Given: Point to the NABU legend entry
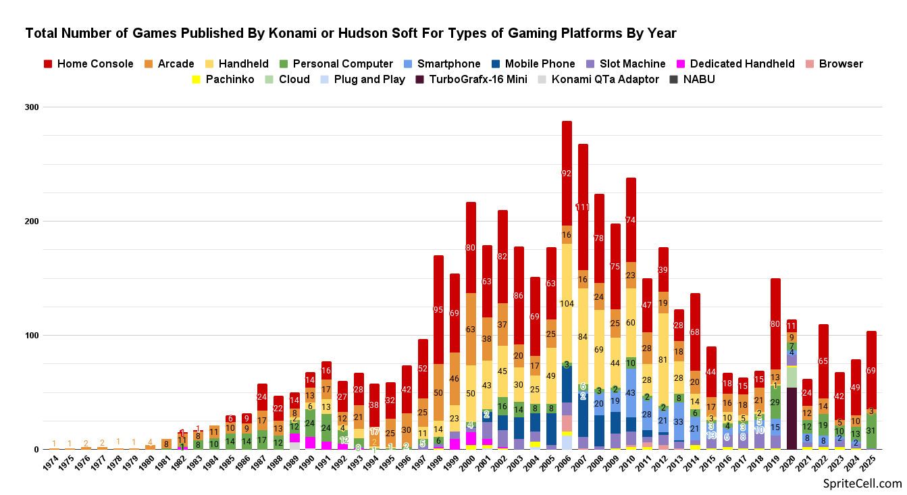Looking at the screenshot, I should (x=698, y=80).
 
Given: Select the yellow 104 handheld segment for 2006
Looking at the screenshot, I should (x=567, y=304).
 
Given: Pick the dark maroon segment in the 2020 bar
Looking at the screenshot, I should (x=792, y=419).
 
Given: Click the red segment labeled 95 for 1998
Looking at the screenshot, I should (x=438, y=309).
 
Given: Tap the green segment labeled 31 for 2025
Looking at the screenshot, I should (x=871, y=431).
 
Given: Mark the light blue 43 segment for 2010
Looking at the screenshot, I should (x=631, y=392).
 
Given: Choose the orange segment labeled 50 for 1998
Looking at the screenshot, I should (x=438, y=392).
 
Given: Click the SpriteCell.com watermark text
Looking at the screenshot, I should (x=862, y=484).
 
